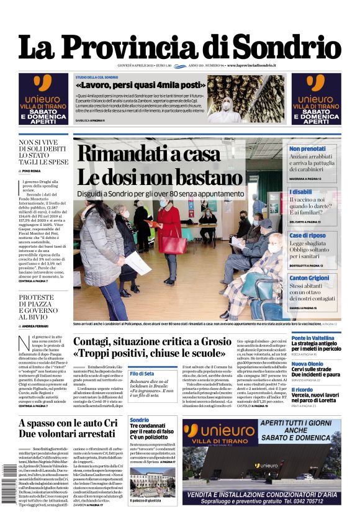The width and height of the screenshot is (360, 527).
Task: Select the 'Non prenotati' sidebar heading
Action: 307,149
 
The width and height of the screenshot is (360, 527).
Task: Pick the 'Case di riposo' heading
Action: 308,235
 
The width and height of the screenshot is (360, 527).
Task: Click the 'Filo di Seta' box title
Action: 142,373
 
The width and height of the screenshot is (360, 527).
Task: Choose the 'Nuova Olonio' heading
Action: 307,364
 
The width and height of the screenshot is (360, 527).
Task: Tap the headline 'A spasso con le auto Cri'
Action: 68,423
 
